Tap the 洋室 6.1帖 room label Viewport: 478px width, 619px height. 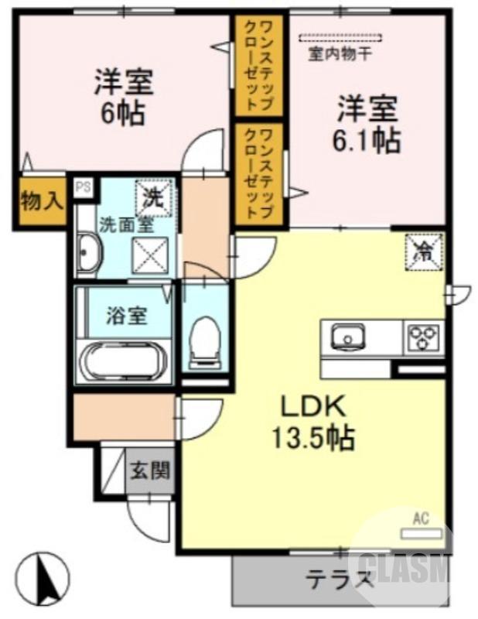tap(367, 124)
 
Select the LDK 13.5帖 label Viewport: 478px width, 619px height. tap(312, 422)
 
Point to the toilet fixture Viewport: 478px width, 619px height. tap(205, 341)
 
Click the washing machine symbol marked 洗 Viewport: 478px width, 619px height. tap(152, 196)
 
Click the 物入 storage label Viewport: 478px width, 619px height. tap(40, 203)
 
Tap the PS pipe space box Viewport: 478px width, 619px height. tap(81, 187)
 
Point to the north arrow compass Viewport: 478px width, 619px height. tap(43, 576)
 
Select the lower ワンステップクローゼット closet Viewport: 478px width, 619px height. tap(258, 175)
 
